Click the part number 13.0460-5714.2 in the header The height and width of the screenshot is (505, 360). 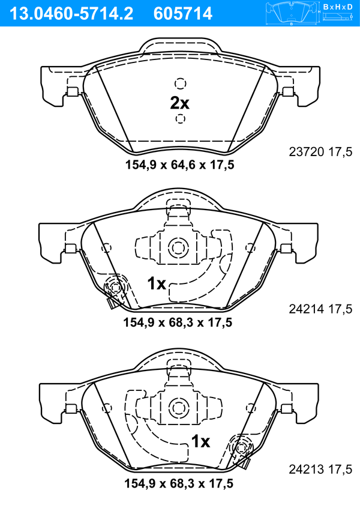[71, 14]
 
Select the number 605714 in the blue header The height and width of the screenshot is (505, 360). [183, 14]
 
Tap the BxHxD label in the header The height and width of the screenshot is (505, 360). [337, 6]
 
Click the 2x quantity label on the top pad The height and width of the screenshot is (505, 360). [179, 103]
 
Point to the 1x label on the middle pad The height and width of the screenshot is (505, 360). [157, 283]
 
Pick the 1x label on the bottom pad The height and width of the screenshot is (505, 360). [200, 441]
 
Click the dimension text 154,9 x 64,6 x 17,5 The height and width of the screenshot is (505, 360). [179, 165]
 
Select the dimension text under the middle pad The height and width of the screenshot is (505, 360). [178, 322]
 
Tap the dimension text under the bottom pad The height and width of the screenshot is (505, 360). [179, 483]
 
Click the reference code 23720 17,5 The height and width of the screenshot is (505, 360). [320, 151]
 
